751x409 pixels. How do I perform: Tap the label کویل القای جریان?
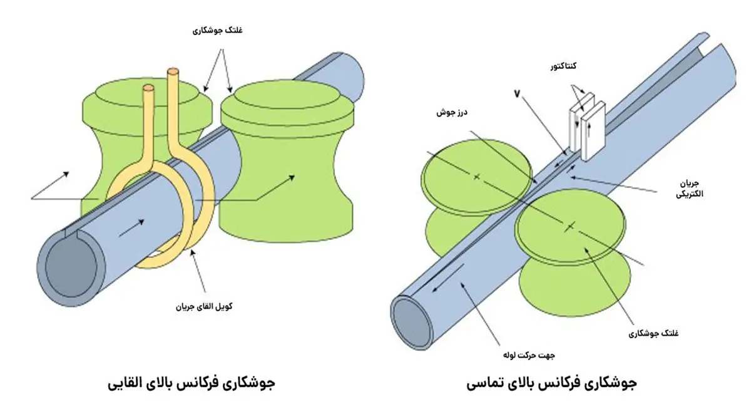click(204, 307)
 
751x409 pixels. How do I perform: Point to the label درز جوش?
click(452, 114)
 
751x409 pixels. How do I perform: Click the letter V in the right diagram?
click(517, 93)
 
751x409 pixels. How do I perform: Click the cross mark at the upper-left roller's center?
click(476, 177)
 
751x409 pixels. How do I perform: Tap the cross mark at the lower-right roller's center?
click(570, 226)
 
